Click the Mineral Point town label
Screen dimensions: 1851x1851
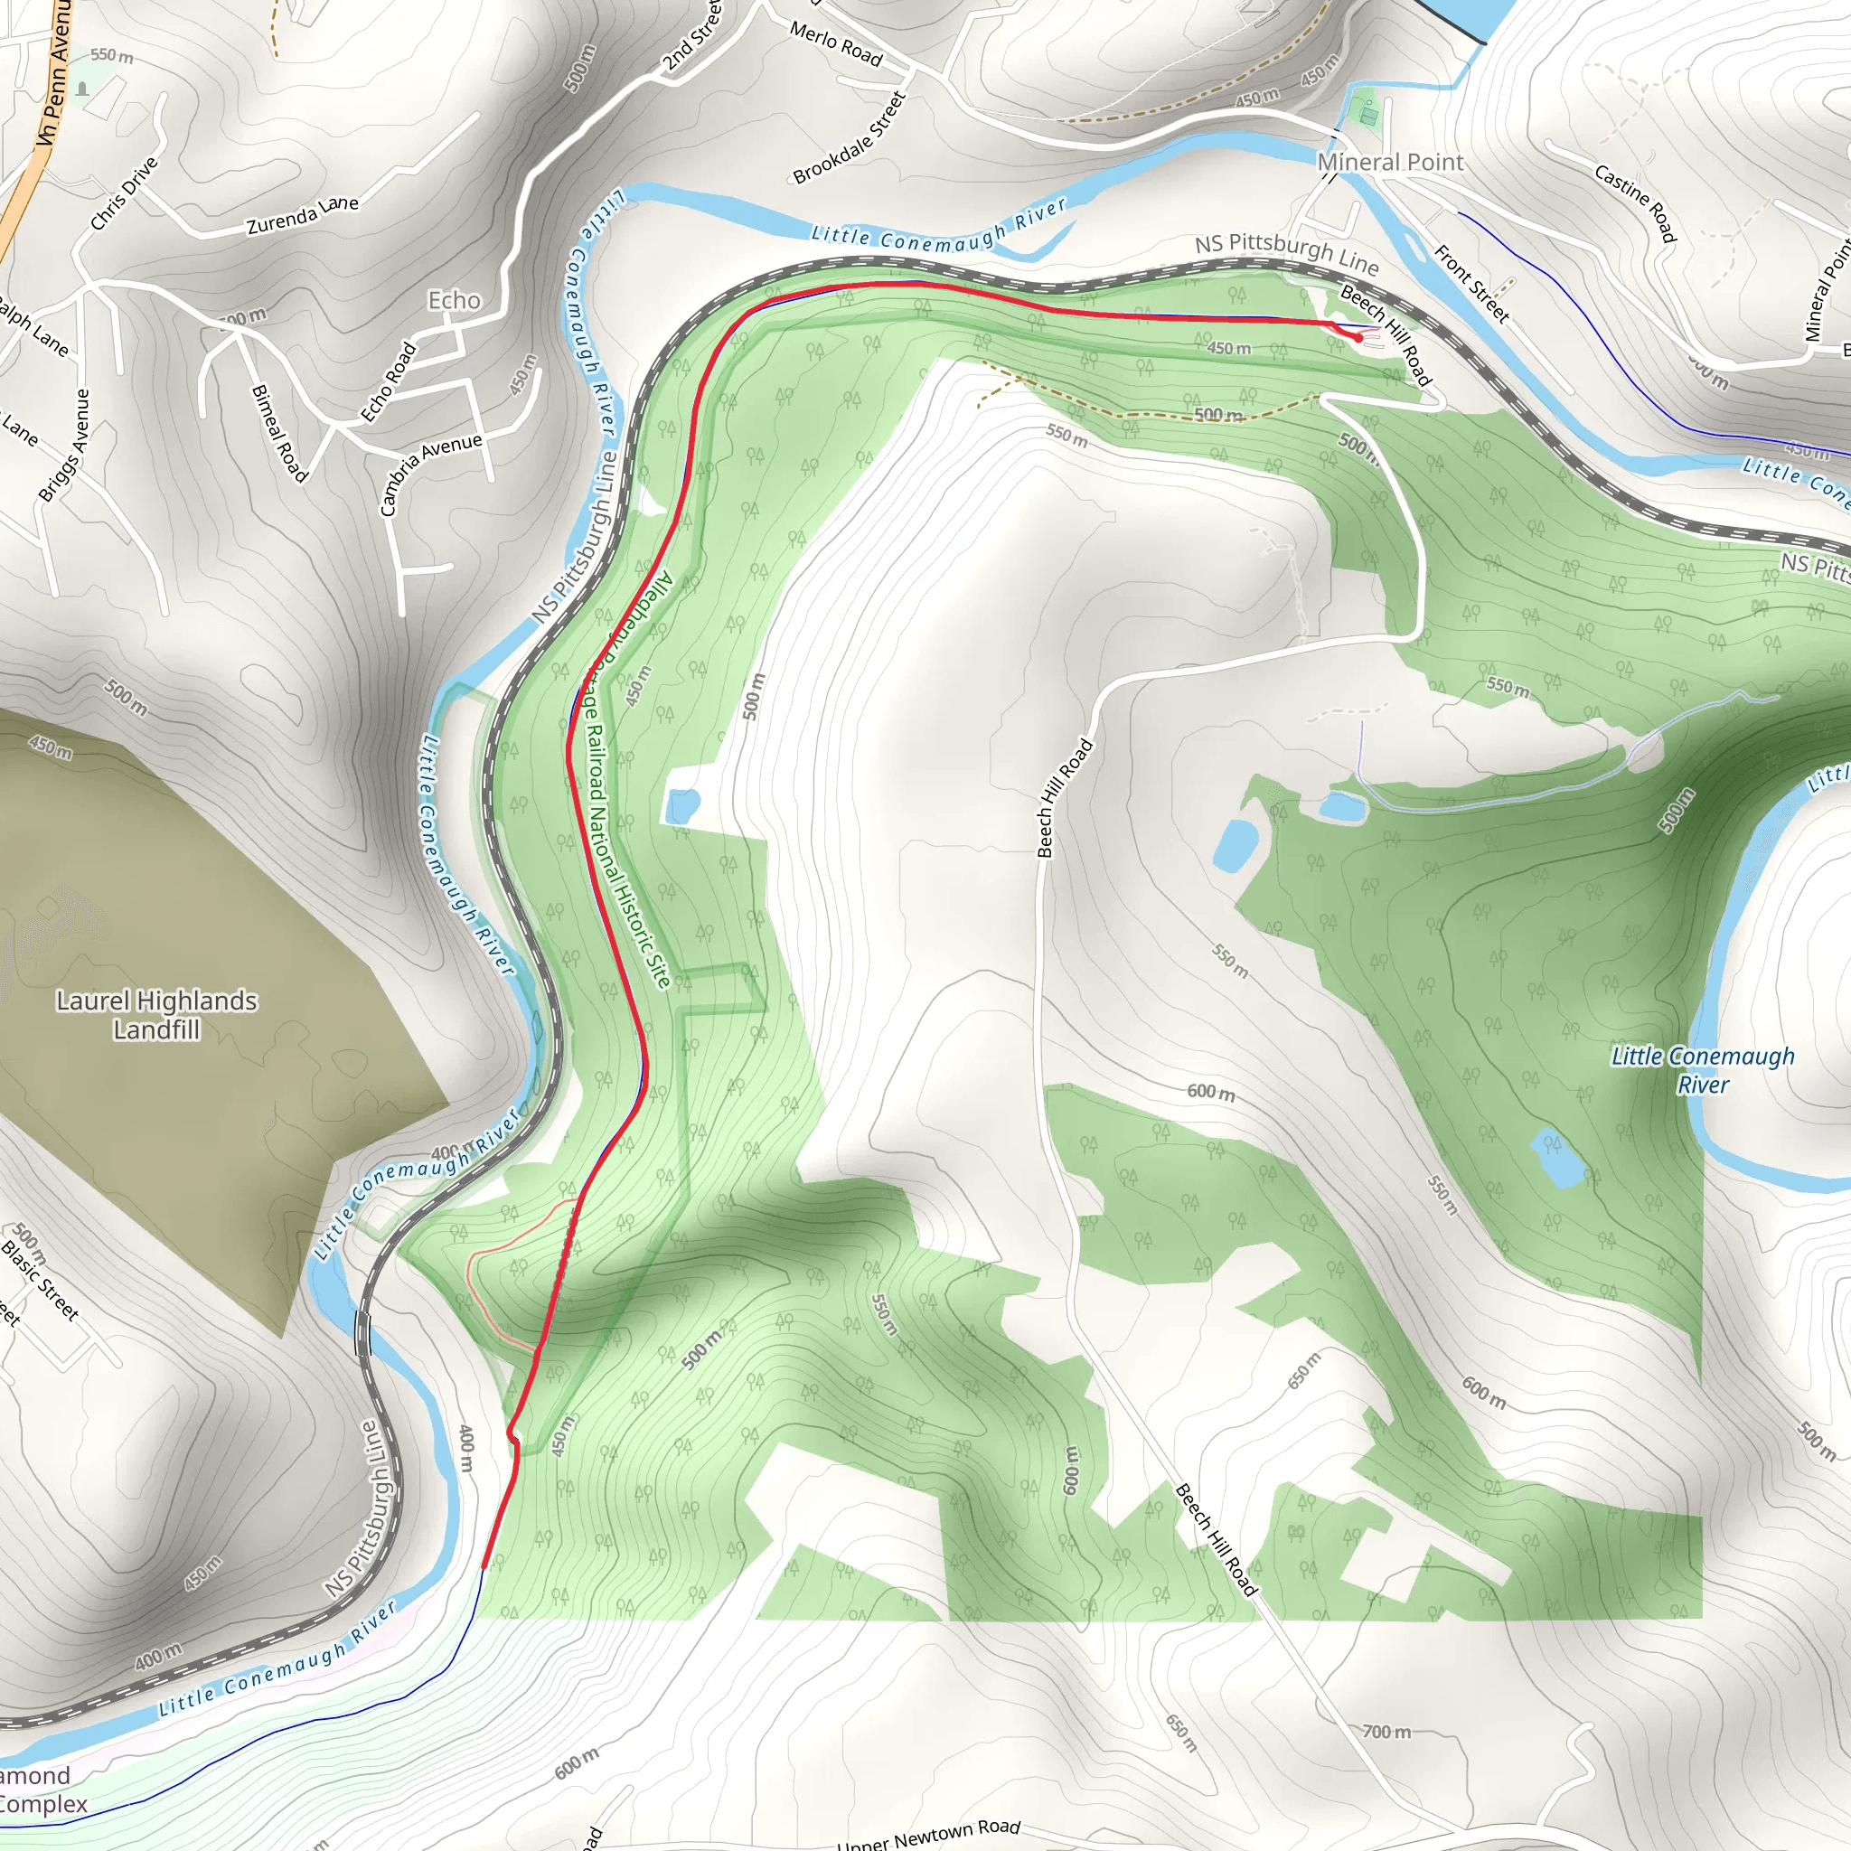pos(1390,162)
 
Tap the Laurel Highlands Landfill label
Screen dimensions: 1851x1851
pos(156,1015)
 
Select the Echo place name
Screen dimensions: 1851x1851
pos(454,300)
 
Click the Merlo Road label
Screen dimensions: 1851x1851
pos(835,44)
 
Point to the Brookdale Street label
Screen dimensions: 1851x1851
pos(850,137)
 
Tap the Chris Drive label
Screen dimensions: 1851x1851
pos(124,194)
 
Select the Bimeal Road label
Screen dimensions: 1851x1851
pos(278,433)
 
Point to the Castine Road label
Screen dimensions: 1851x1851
pos(1635,202)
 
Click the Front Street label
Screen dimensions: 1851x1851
pos(1471,284)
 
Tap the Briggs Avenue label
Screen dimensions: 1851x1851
pos(64,445)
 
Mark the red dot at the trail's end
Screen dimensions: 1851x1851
pos(1358,337)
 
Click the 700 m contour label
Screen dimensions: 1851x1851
pos(1386,1731)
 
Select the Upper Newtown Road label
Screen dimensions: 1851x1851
pos(928,1834)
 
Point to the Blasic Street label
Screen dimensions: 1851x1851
pos(41,1280)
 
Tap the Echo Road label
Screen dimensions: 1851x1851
pos(389,381)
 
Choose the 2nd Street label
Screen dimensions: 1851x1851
pos(692,38)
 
